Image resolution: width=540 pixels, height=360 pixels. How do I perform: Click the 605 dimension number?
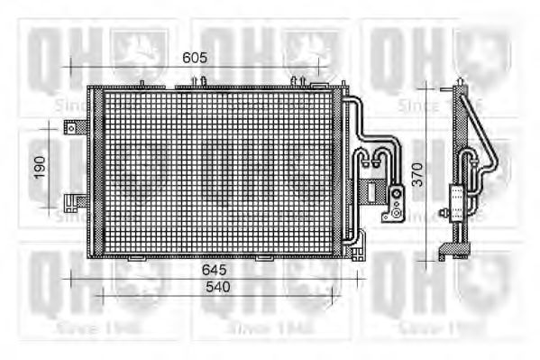pyautogui.click(x=195, y=58)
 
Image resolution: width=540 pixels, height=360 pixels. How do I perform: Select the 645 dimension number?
pyautogui.click(x=214, y=270)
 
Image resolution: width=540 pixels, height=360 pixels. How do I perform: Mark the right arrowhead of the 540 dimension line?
pyautogui.click(x=335, y=294)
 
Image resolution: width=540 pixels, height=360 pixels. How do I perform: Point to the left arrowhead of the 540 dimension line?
pyautogui.click(x=98, y=294)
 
